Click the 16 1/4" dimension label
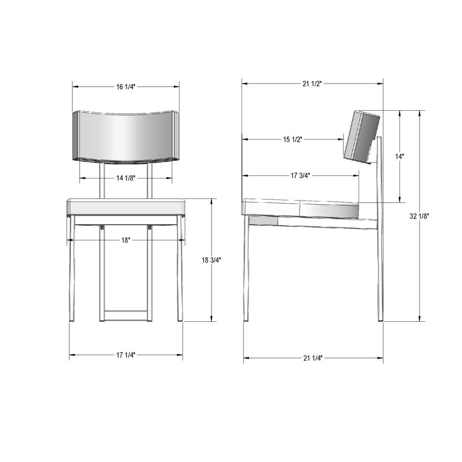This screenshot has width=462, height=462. [x=126, y=86]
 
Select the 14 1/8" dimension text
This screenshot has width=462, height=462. [x=126, y=178]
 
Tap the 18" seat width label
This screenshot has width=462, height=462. [x=126, y=240]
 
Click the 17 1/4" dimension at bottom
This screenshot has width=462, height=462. [x=126, y=355]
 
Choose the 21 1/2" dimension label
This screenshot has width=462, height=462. [x=312, y=83]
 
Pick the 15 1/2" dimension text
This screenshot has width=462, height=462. [x=293, y=139]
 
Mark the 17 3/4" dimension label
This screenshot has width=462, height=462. [x=300, y=176]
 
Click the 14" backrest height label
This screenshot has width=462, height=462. [x=401, y=156]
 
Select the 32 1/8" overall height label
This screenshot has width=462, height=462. [x=420, y=216]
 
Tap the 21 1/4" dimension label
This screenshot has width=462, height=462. [x=313, y=358]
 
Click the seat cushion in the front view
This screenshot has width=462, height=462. [x=126, y=207]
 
